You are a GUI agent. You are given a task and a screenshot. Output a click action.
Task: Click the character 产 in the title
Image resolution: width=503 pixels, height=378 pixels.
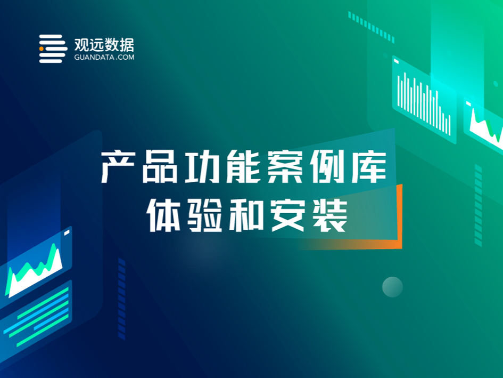click(x=118, y=167)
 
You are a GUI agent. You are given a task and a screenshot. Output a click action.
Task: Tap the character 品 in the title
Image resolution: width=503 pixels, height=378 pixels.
click(x=160, y=167)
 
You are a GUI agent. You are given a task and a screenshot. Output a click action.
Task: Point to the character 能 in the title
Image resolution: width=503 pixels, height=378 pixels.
click(x=243, y=167)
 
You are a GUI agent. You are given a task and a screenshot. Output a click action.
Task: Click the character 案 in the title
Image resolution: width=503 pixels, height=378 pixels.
click(x=285, y=167)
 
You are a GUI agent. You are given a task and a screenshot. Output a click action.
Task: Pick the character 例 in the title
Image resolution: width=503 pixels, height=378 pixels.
click(x=327, y=167)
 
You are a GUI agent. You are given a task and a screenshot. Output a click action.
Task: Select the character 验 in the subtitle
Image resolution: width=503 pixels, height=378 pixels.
click(x=205, y=215)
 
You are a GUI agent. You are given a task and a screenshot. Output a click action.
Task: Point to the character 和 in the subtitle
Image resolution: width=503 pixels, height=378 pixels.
click(x=246, y=215)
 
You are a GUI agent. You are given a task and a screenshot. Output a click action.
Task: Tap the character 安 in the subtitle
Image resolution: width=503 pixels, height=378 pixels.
click(x=288, y=215)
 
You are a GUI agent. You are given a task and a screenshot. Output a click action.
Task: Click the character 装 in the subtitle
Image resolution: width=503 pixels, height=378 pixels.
click(x=330, y=215)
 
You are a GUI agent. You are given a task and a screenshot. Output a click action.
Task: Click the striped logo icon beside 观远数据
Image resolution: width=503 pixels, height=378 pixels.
click(x=53, y=49)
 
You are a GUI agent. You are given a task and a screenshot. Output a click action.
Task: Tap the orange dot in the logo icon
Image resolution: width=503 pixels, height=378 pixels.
click(x=42, y=49)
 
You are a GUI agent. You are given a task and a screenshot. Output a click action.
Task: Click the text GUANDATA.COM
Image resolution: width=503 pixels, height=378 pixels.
click(x=104, y=57)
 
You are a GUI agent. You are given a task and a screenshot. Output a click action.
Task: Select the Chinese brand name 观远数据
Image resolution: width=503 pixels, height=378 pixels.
click(x=104, y=45)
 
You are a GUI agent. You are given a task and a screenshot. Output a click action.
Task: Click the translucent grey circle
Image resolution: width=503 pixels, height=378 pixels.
click(x=392, y=287)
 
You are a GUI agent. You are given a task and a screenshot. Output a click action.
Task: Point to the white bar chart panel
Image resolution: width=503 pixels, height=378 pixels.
click(x=424, y=100)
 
